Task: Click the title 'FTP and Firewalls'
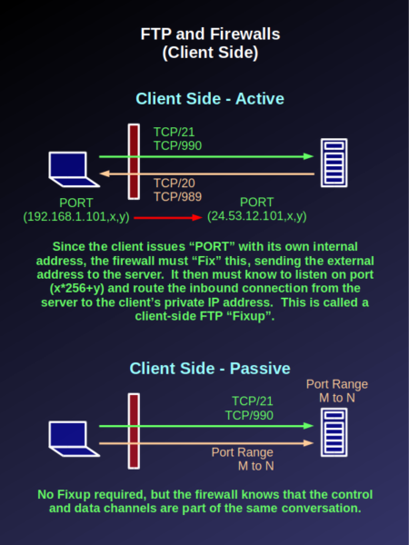point(210,35)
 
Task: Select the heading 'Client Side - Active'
point(210,99)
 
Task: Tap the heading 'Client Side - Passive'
point(210,369)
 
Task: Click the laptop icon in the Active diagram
point(74,169)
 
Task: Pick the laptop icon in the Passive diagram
point(74,439)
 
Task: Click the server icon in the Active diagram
point(334,163)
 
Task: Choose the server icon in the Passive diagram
point(334,432)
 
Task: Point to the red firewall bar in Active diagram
point(134,162)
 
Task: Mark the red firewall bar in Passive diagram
point(134,431)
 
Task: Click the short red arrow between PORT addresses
point(167,218)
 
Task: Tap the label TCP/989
point(178,197)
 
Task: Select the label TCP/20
point(175,183)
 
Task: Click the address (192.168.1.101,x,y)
point(76,216)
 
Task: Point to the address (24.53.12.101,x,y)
point(257,216)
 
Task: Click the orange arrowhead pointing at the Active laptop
point(105,173)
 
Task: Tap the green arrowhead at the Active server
point(308,156)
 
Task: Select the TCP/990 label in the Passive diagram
point(249,415)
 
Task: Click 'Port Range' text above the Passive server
point(337,384)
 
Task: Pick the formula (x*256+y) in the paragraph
point(77,289)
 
